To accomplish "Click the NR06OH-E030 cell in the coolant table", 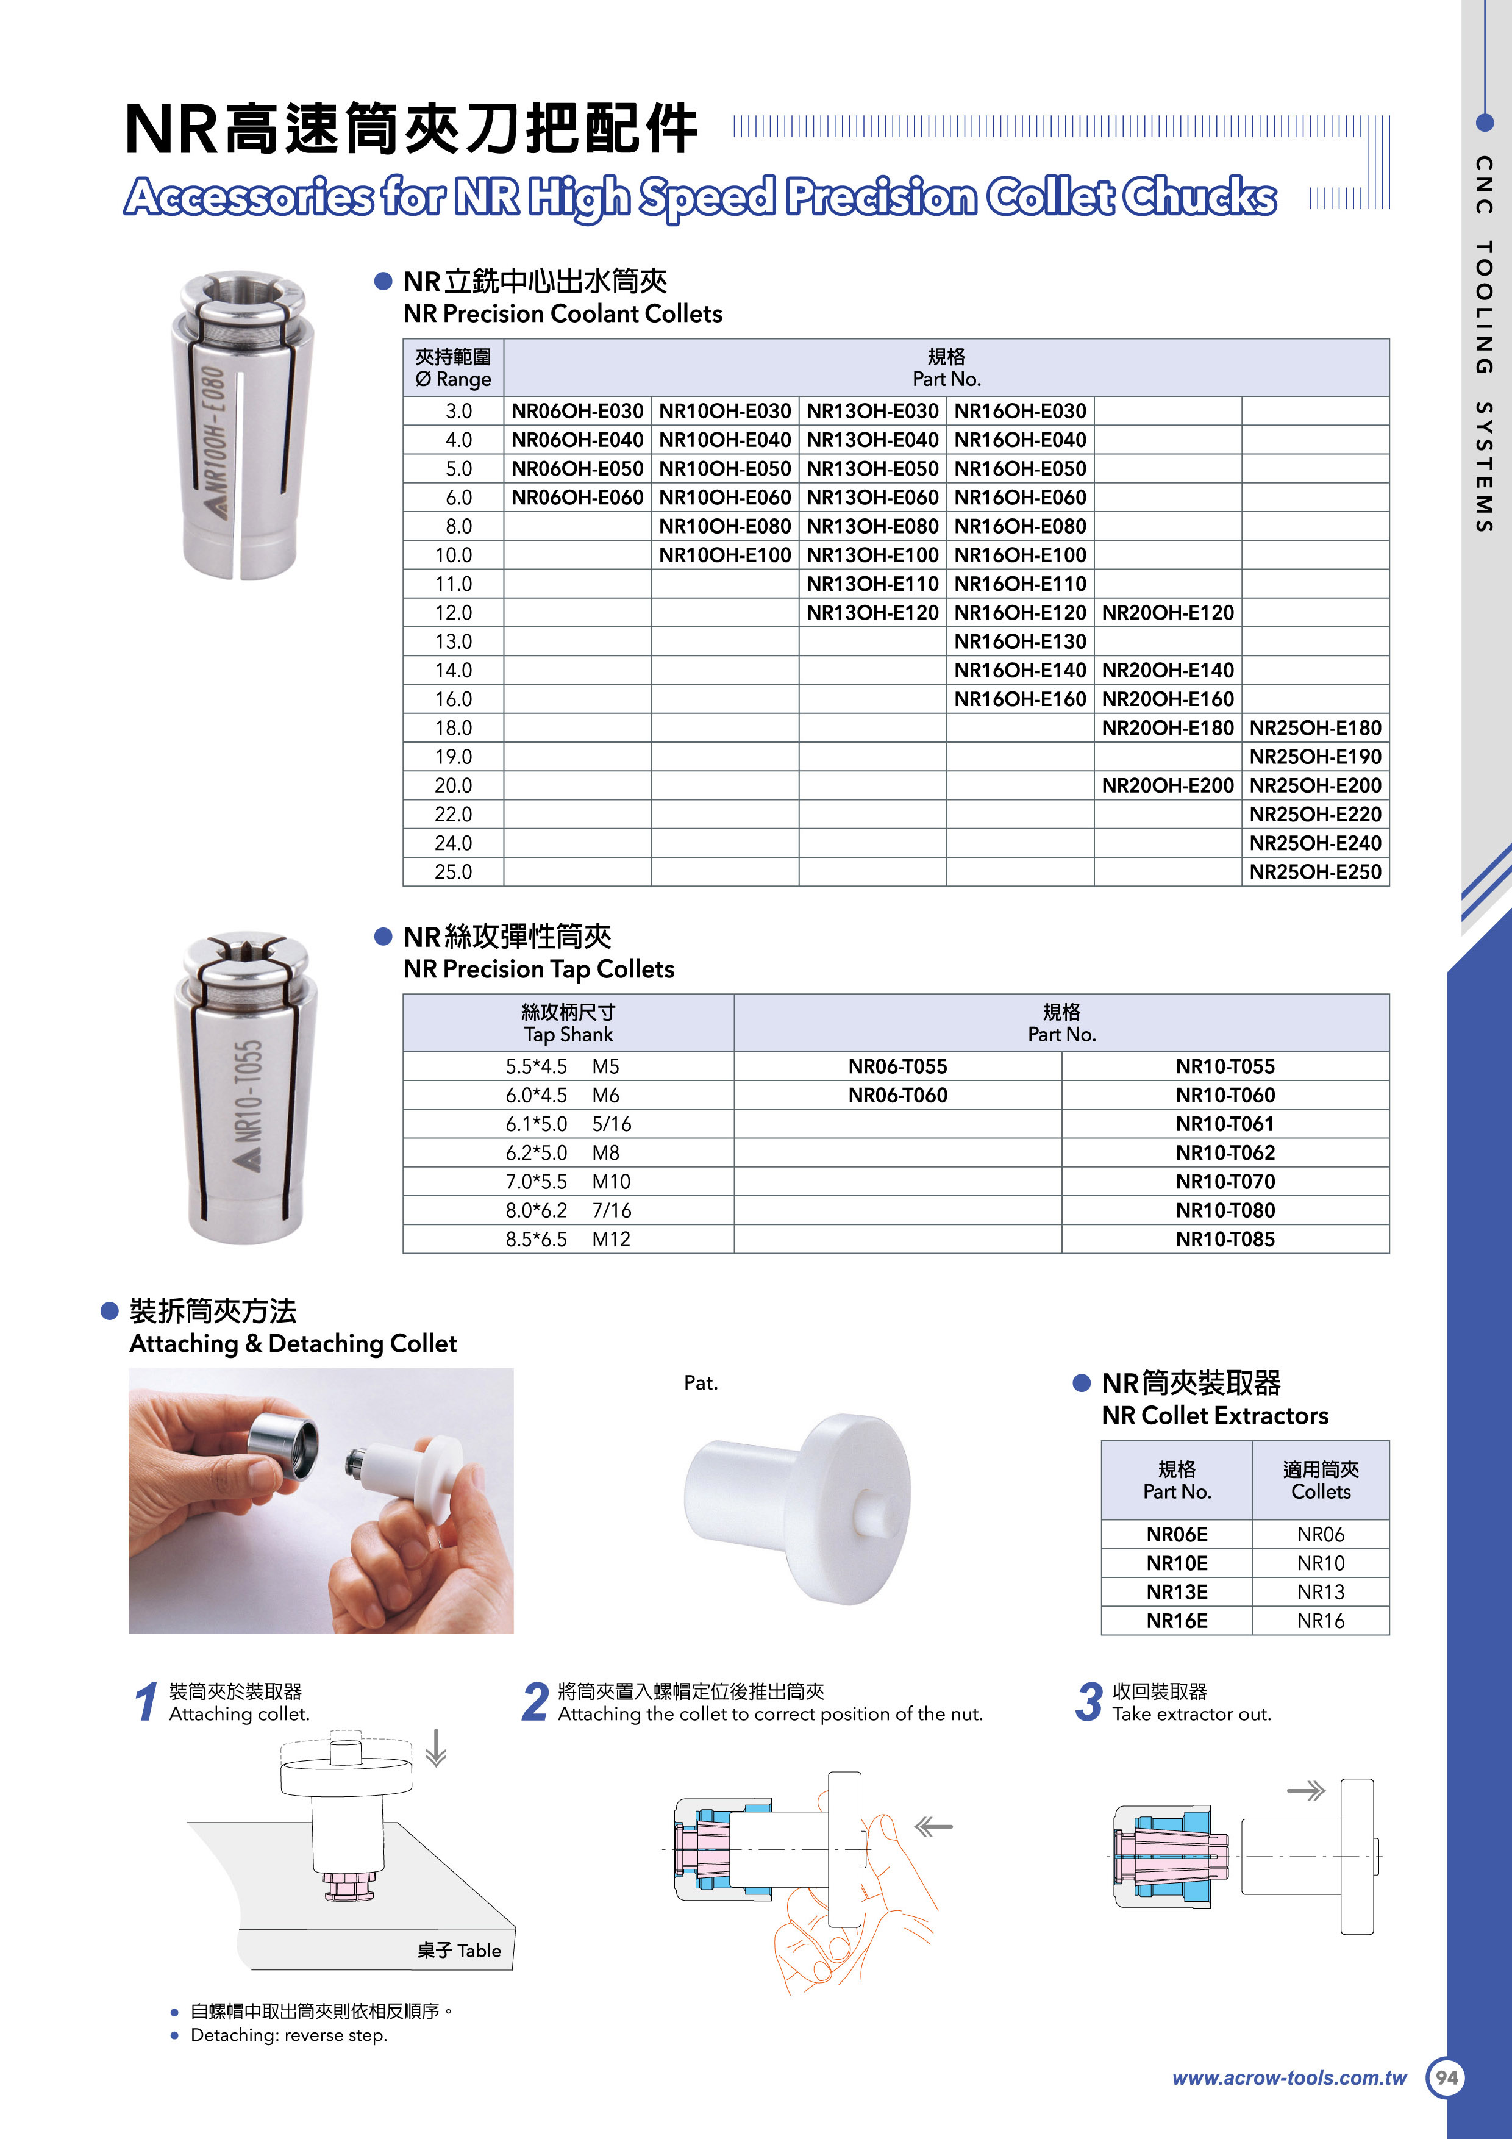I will (x=577, y=411).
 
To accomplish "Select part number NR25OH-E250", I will (x=1314, y=872).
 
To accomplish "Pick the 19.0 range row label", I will (x=453, y=757).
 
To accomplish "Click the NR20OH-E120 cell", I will (x=1168, y=613).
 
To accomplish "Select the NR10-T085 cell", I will (x=1224, y=1239).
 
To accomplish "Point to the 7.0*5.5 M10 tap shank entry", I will (x=568, y=1181).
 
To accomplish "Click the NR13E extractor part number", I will (x=1177, y=1592).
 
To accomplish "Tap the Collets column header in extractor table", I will (x=1320, y=1480).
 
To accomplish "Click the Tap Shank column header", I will (x=568, y=1023).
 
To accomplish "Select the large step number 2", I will (x=535, y=1701).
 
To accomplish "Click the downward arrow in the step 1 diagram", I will (x=436, y=1748).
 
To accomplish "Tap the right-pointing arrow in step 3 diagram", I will (x=1305, y=1791).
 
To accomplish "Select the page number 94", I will (x=1446, y=2077).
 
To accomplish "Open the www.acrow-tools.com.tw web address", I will (x=1288, y=2077).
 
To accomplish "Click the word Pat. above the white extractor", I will (x=701, y=1382).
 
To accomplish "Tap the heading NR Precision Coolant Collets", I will (x=563, y=314).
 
